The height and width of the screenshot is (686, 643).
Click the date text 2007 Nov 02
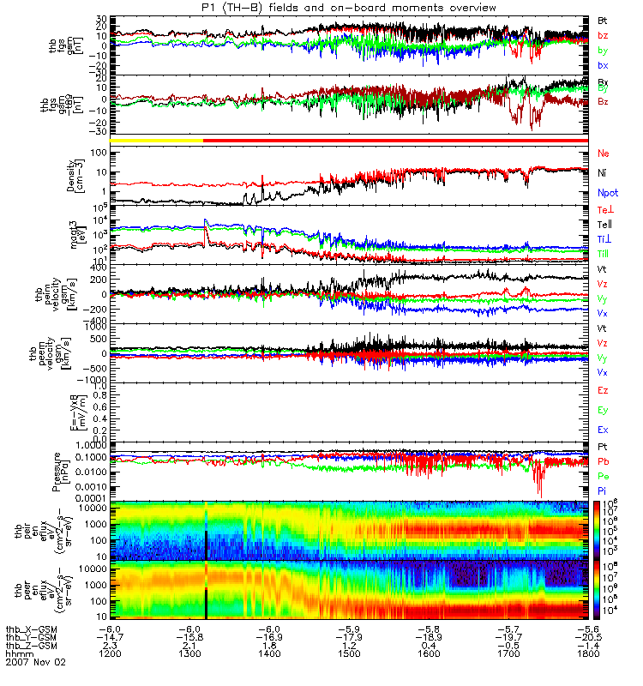35,663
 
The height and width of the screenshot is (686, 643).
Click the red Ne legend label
603,153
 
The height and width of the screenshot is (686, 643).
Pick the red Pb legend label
603,461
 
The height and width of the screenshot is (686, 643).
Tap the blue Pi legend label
603,490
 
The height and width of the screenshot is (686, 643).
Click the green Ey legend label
603,410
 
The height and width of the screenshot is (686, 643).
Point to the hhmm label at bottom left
16,654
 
